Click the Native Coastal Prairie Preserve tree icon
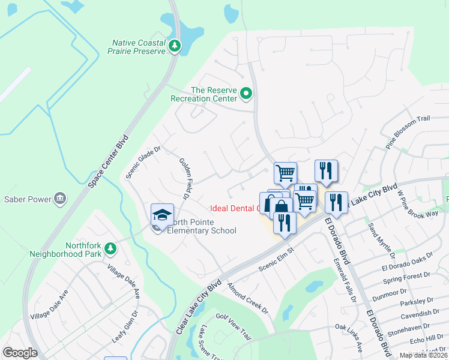point(175,46)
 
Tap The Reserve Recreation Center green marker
point(246,94)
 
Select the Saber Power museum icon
point(59,198)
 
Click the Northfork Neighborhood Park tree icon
point(109,248)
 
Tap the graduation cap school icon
point(162,215)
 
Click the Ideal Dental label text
point(234,209)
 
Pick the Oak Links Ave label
point(349,338)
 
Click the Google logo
point(20,352)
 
